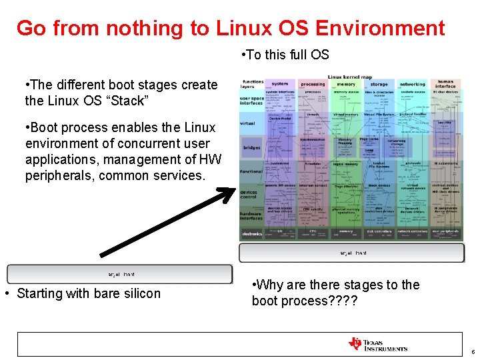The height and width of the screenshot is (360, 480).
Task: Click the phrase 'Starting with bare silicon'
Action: click(88, 293)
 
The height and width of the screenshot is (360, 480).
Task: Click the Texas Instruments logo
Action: click(377, 344)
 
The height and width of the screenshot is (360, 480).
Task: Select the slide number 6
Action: click(472, 351)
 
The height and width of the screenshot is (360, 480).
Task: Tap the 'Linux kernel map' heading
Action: click(350, 78)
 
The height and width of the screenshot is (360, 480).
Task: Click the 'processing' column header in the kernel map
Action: click(313, 85)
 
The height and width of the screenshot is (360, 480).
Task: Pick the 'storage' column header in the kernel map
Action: click(379, 85)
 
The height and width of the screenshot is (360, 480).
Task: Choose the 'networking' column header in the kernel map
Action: click(412, 85)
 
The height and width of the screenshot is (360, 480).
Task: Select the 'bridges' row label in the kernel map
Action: click(251, 147)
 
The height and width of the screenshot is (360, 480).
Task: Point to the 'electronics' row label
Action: click(252, 233)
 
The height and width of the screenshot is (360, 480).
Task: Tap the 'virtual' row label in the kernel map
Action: click(247, 123)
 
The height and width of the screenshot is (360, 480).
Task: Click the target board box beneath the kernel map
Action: click(352, 253)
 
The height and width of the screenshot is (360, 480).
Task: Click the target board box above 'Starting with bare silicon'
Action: click(120, 274)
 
